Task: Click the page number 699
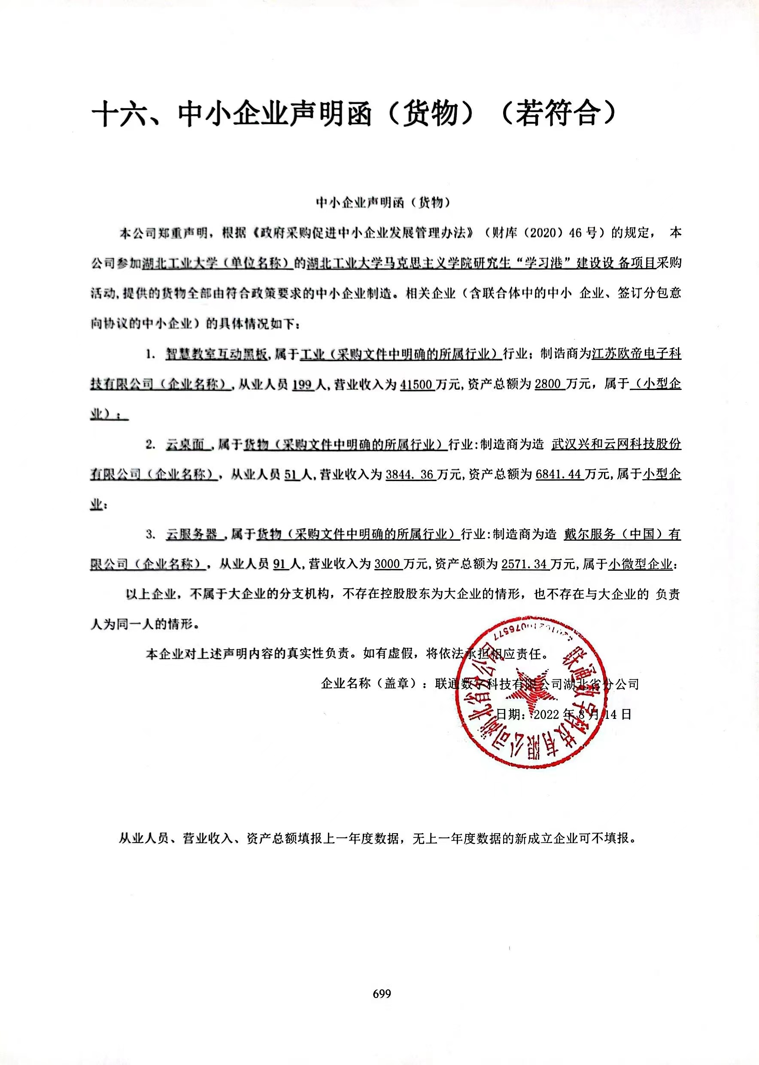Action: pos(381,993)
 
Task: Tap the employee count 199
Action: pos(301,385)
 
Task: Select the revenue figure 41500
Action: pos(417,385)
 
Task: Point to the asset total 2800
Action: pos(547,385)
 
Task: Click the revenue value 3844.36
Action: pos(410,475)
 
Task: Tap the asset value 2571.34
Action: pos(524,564)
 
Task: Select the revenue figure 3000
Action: pos(388,564)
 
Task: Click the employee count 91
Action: pos(279,564)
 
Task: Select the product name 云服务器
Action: pos(191,534)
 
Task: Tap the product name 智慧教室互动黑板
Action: pos(216,355)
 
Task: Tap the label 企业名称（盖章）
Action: pos(368,684)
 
